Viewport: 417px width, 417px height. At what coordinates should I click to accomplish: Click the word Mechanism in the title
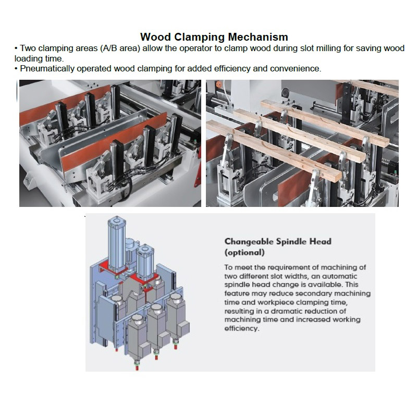[x=258, y=37]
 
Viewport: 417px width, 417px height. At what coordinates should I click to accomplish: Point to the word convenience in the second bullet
[x=296, y=69]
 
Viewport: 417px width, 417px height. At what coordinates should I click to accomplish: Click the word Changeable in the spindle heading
[x=249, y=241]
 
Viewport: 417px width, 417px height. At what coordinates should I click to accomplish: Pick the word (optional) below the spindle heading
[x=244, y=252]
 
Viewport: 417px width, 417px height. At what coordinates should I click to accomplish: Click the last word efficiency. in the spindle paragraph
[x=242, y=328]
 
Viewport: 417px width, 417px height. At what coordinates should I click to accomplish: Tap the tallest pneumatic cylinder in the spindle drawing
[x=117, y=244]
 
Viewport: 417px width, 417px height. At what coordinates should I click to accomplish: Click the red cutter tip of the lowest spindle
[x=137, y=368]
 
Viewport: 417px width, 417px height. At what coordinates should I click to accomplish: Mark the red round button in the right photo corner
[x=218, y=84]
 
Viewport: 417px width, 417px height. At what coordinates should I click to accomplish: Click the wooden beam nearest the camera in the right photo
[x=274, y=150]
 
